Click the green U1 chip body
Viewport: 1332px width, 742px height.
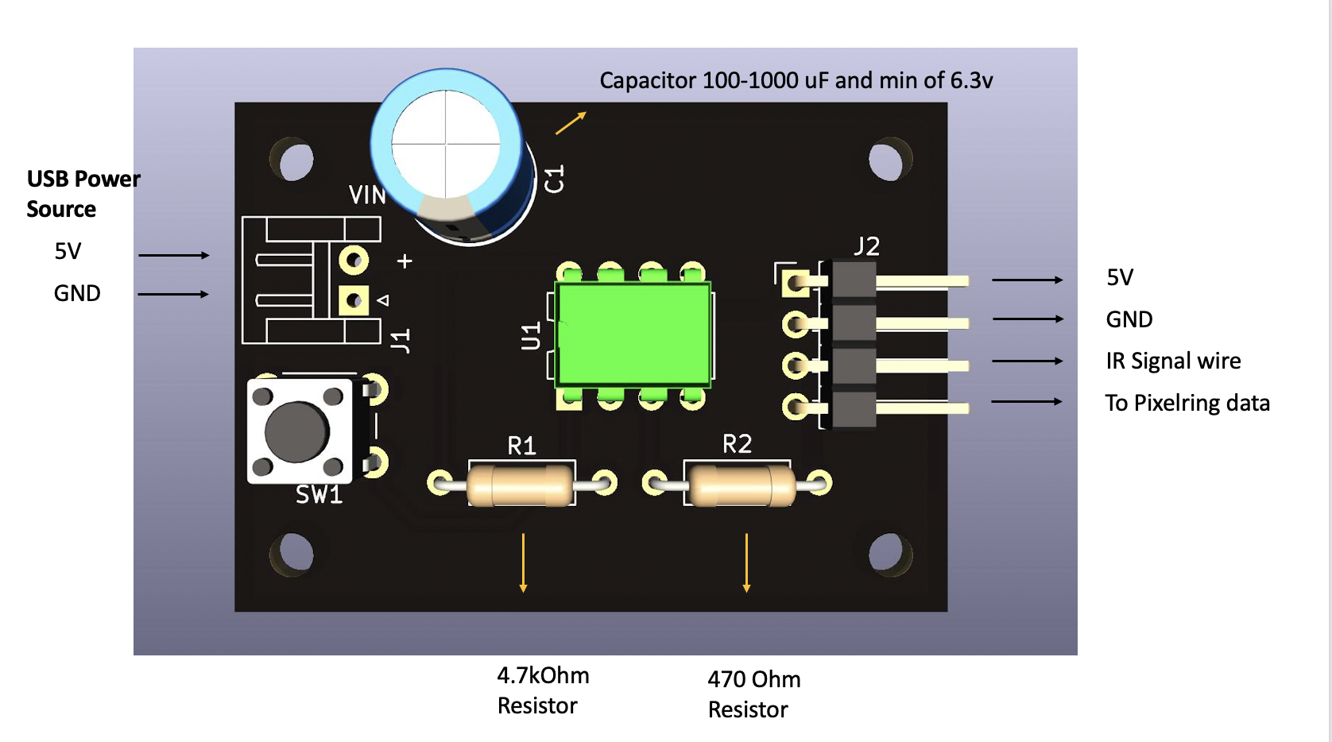[633, 334]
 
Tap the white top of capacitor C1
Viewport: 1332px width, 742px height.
[446, 145]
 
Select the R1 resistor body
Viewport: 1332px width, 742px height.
[521, 485]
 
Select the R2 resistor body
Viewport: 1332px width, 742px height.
[741, 485]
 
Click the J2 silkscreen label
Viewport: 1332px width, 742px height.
[866, 246]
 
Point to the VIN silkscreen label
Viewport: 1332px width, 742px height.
[367, 195]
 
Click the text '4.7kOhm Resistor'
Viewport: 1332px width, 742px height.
[543, 690]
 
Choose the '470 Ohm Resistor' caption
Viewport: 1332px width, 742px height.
[753, 694]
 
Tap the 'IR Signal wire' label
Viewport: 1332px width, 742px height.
[1173, 361]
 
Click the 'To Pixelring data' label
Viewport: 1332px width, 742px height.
[1187, 403]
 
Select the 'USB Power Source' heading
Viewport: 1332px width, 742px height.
[83, 194]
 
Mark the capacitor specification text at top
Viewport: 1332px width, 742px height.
[796, 80]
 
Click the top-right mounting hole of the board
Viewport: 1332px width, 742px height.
[887, 160]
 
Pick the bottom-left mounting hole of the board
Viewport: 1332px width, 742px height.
[294, 553]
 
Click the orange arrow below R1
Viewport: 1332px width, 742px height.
[523, 562]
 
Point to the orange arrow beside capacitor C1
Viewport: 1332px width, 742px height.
[571, 123]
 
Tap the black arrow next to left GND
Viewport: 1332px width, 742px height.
[173, 294]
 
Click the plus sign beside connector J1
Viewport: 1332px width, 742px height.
[405, 261]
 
